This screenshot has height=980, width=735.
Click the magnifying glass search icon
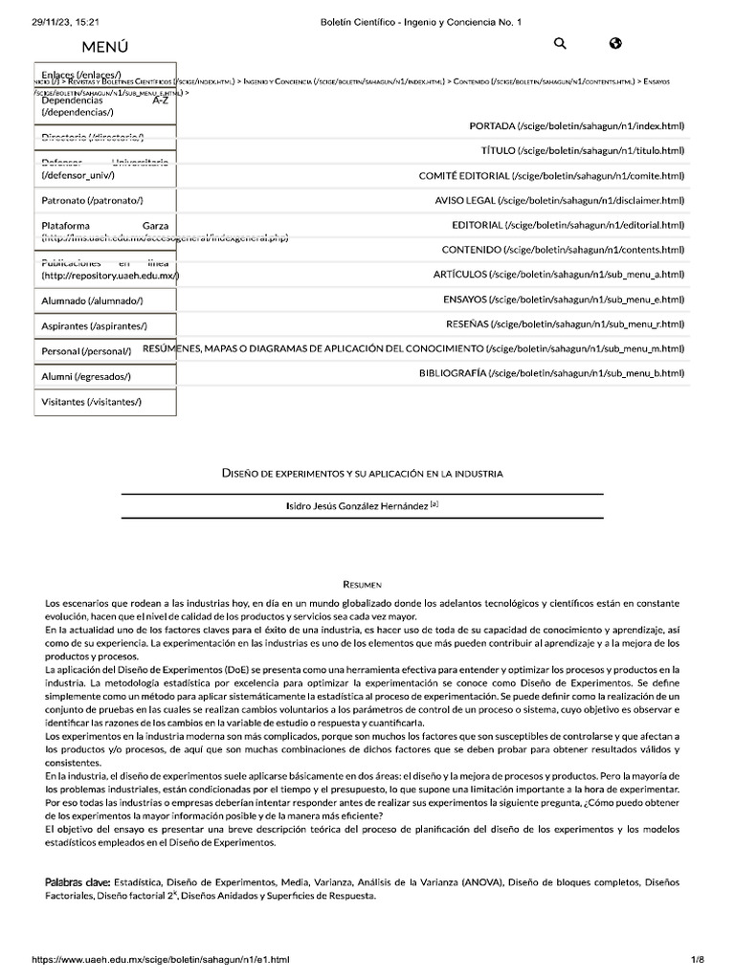(x=560, y=43)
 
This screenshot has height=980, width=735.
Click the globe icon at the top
(x=615, y=43)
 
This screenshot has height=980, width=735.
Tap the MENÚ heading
(x=105, y=46)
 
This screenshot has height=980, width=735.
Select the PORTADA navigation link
(x=576, y=126)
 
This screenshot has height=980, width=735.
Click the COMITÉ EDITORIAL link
(x=551, y=176)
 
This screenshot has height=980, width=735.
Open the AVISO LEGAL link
(x=559, y=201)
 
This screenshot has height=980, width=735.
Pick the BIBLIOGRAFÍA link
(x=551, y=372)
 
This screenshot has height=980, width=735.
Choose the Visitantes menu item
(x=92, y=402)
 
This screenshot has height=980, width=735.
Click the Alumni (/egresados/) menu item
(x=86, y=377)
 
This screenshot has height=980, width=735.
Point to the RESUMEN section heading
(x=362, y=584)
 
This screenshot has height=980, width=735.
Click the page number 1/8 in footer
(x=697, y=959)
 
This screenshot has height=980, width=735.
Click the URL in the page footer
(x=161, y=959)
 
